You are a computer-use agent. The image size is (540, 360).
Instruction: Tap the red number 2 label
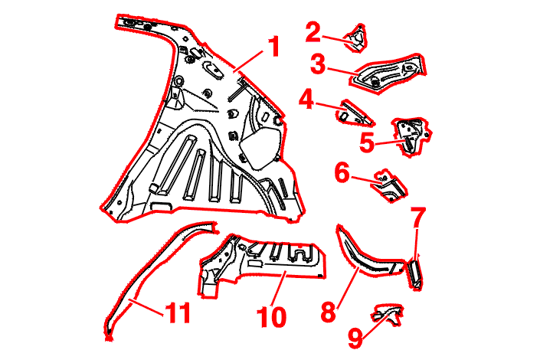[x=313, y=32]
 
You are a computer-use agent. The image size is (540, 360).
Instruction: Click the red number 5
[x=367, y=143]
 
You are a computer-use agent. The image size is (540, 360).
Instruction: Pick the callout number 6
[x=342, y=172]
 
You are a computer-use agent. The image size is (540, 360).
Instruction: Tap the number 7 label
[x=417, y=218]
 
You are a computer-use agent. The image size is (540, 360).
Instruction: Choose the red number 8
[x=328, y=312]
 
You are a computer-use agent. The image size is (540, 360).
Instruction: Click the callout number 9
[x=355, y=338]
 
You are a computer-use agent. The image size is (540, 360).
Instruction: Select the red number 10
[x=272, y=317]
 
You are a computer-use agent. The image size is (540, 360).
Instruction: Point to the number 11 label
[x=178, y=313]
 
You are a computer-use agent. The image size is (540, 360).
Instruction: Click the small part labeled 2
[x=356, y=38]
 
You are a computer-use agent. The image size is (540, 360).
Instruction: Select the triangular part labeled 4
[x=354, y=113]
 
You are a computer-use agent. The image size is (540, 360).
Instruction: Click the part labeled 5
[x=411, y=136]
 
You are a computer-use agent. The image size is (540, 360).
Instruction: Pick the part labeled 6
[x=389, y=186]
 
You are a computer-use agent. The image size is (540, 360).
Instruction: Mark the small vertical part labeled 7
[x=414, y=275]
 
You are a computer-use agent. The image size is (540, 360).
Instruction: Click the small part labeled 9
[x=388, y=314]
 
